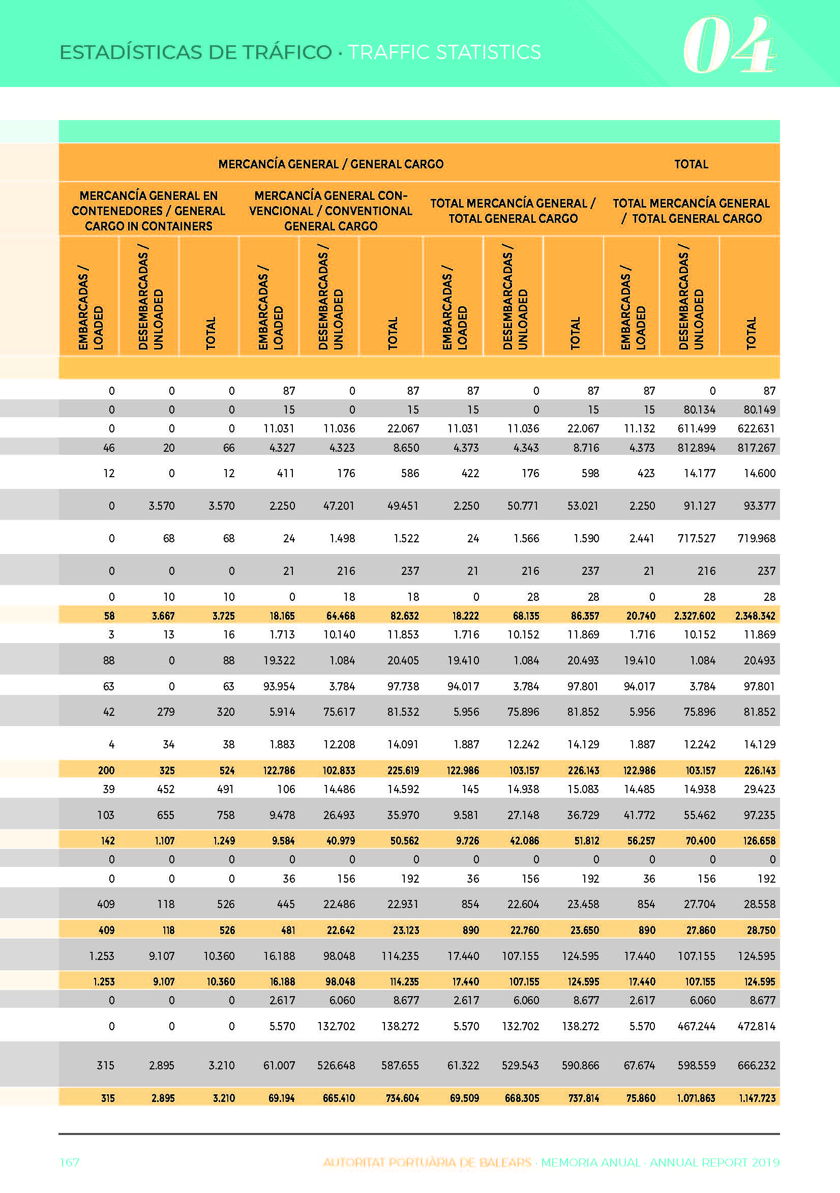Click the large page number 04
click(729, 45)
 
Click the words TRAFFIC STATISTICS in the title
click(444, 52)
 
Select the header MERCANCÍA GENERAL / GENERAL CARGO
click(331, 164)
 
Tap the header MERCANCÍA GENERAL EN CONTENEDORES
click(148, 211)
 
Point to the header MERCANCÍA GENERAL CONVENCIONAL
click(331, 211)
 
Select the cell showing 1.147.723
click(757, 1098)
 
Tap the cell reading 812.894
click(696, 448)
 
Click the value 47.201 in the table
click(339, 506)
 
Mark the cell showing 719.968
click(757, 539)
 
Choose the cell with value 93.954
click(279, 686)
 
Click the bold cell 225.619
click(403, 771)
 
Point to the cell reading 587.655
click(400, 1065)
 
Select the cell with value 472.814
click(757, 1026)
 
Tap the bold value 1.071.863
click(696, 1098)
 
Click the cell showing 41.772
click(640, 815)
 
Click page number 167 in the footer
click(70, 1162)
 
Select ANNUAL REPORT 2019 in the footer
click(715, 1162)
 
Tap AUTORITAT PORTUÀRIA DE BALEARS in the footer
click(427, 1162)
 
